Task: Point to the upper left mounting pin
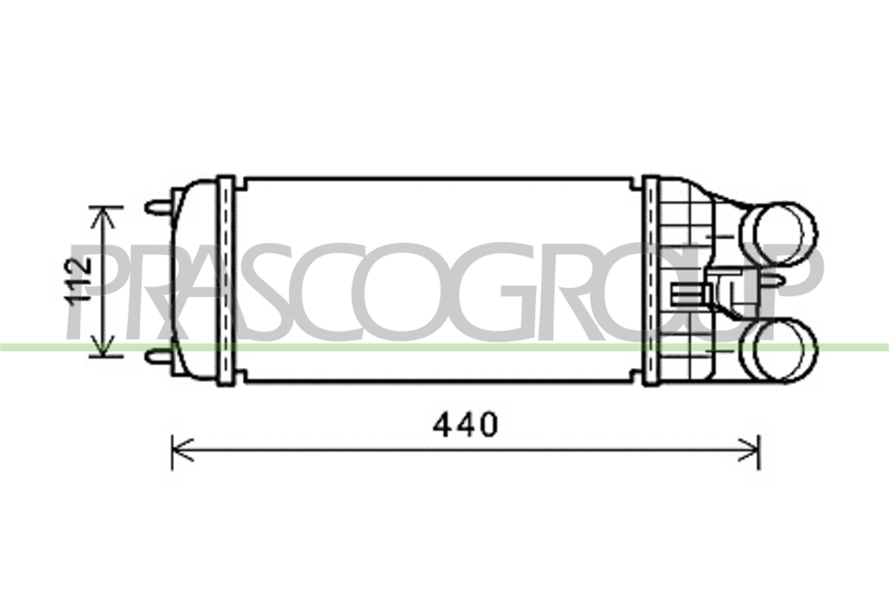tap(158, 207)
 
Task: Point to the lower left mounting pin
tap(158, 357)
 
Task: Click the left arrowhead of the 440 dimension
tap(182, 450)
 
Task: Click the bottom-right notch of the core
tap(636, 378)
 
